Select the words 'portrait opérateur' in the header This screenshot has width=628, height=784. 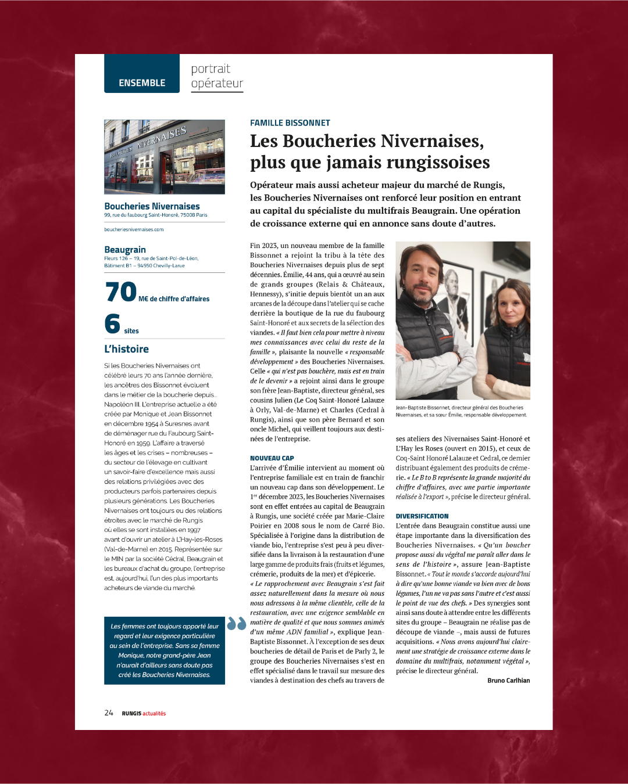[216, 76]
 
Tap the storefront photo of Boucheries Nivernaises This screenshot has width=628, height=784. [165, 157]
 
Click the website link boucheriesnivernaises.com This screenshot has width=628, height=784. [134, 229]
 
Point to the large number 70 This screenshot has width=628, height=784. [121, 292]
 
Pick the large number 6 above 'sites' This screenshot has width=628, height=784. [112, 324]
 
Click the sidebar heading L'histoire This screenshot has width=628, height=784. [127, 349]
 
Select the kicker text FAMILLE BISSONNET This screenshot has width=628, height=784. [290, 123]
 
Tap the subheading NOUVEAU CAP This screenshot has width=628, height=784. [272, 458]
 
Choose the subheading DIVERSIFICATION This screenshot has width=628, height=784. [422, 516]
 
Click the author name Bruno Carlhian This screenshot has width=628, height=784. [508, 681]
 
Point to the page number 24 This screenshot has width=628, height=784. [109, 713]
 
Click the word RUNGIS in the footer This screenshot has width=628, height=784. [131, 714]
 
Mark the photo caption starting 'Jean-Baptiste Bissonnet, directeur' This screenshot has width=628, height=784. [461, 411]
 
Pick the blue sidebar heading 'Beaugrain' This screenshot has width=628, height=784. [125, 250]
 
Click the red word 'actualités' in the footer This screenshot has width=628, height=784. [154, 714]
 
